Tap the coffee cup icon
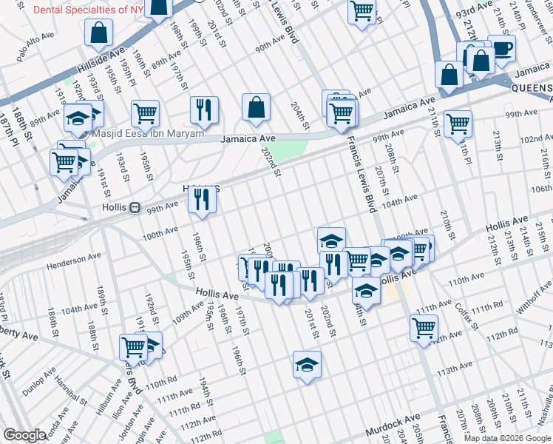coord(501,50)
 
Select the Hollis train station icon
coord(135,208)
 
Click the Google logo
coord(24,435)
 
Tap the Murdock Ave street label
coord(393,429)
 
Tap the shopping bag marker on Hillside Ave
coord(98,33)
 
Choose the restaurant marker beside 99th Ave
coord(200,198)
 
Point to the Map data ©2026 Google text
coord(507,438)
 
